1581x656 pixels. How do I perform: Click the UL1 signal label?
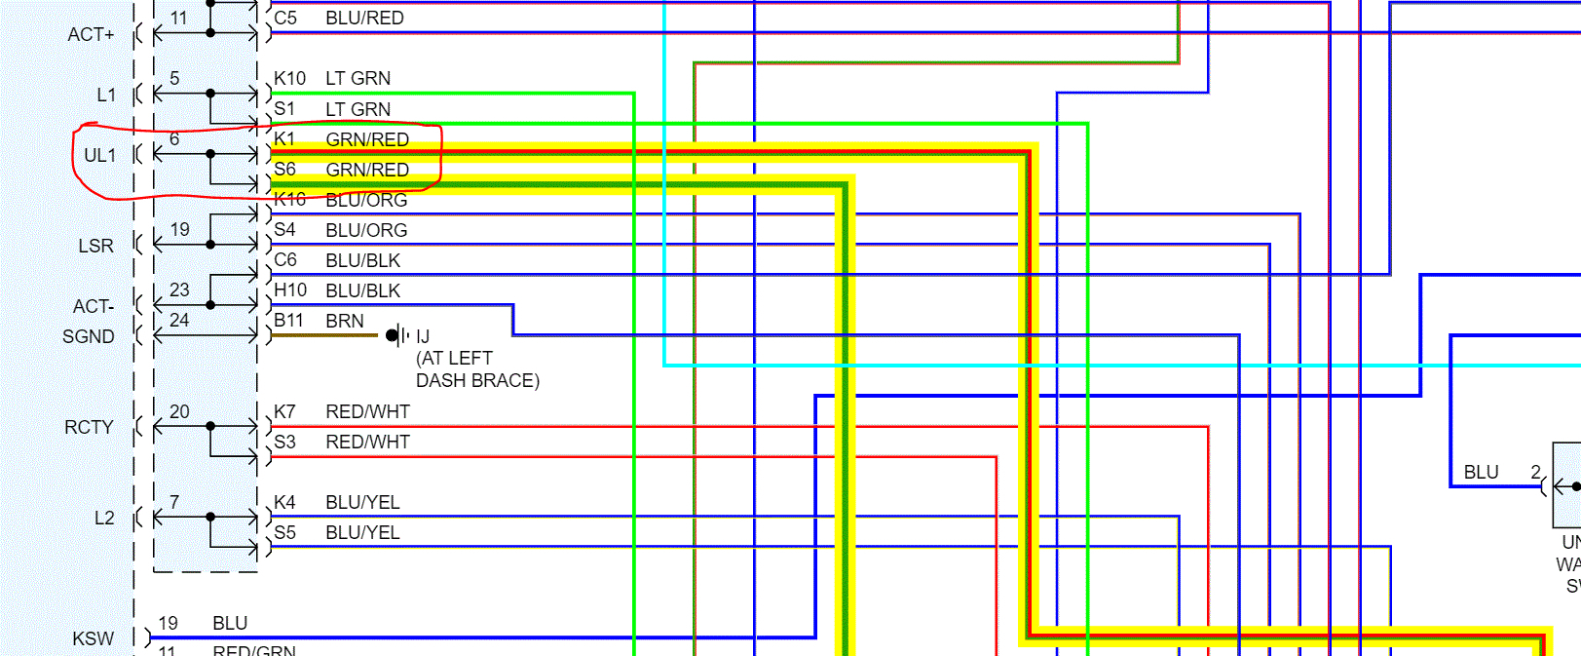[x=99, y=155]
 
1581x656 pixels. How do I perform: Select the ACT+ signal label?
[x=91, y=34]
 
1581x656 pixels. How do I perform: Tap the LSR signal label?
[x=95, y=246]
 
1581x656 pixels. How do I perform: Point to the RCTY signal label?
[x=89, y=427]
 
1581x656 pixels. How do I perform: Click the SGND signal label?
[x=89, y=336]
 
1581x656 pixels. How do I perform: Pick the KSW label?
[x=93, y=638]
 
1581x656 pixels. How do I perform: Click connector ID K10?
[x=289, y=78]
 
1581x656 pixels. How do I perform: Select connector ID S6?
[x=284, y=170]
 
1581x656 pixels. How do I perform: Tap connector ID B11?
[x=288, y=321]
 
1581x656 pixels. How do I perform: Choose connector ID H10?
[x=290, y=290]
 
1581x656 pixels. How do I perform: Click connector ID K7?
[x=284, y=411]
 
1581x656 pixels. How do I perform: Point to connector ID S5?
[x=284, y=532]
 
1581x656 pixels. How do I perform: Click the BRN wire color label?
[x=345, y=321]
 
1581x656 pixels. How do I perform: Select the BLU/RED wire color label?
[x=364, y=18]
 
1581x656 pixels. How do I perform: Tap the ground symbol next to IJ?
[x=395, y=335]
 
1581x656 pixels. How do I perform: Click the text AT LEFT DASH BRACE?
[x=477, y=369]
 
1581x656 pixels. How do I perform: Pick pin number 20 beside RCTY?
[x=179, y=411]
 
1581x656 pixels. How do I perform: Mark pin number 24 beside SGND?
[x=179, y=320]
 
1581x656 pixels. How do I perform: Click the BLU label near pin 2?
[x=1481, y=472]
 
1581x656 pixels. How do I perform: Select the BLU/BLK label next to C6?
[x=362, y=260]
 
